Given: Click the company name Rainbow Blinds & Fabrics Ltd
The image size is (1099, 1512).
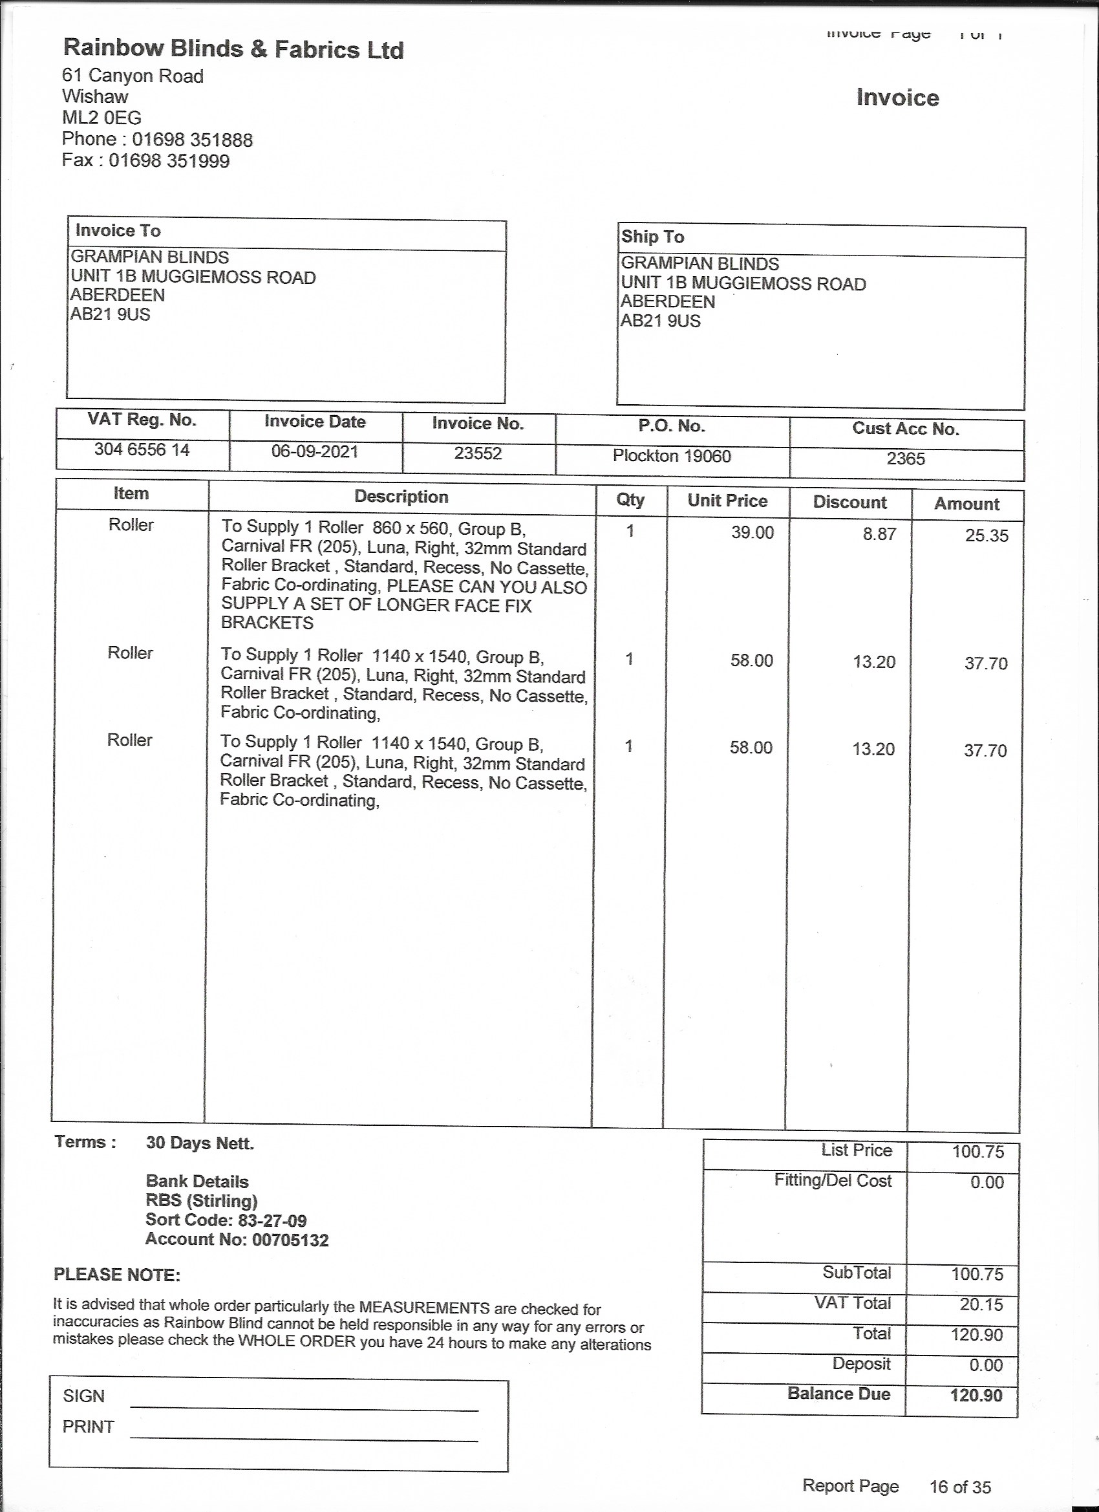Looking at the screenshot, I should pos(233,49).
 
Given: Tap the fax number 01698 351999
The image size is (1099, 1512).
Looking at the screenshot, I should pos(169,160).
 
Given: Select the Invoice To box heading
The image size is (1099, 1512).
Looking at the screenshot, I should pos(118,231).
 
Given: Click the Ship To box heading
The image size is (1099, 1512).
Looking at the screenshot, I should pos(652,237).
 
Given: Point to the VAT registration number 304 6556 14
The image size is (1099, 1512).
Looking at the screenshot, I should pos(142,450).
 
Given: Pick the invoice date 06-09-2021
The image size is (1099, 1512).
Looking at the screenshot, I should pos(315,451).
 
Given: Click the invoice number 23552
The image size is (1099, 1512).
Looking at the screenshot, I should pos(478,453).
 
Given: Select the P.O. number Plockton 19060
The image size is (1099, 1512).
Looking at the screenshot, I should pos(672,456).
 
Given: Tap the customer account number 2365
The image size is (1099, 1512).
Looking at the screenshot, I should pos(906,459).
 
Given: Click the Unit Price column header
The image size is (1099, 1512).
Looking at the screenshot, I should pos(727,501).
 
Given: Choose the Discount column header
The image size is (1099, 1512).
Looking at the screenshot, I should pos(849,502).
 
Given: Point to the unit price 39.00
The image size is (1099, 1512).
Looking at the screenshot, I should pos(752,533).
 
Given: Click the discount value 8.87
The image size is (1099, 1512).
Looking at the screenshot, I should pos(879,534).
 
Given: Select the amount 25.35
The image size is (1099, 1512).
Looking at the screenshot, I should pos(987,535).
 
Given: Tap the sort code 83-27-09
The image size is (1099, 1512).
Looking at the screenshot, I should pos(272,1221).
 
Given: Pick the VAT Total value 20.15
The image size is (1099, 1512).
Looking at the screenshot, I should pos(981,1304).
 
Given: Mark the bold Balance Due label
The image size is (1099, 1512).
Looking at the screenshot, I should pos(838,1394).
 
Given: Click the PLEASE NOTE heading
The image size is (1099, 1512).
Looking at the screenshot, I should pos(116,1275).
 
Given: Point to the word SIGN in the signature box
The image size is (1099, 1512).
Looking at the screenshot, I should pos(83,1396).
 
